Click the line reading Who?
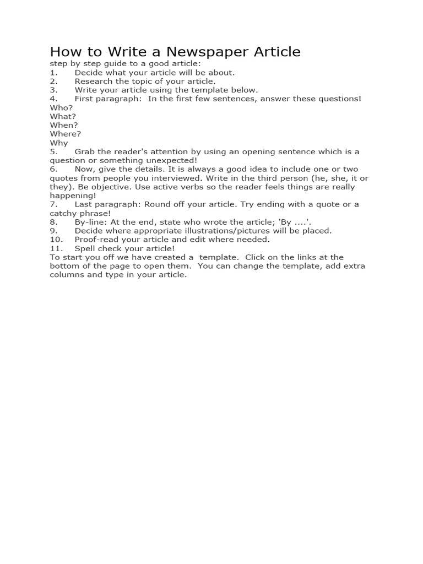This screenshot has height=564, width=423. pos(61,107)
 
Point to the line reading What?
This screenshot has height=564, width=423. pos(63,116)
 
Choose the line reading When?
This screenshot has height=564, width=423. pos(64,125)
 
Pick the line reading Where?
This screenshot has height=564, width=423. pos(66,134)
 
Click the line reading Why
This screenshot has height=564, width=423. pos(59,143)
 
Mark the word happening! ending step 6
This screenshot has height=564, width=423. pos(73,196)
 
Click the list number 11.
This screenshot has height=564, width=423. pos(56,248)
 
